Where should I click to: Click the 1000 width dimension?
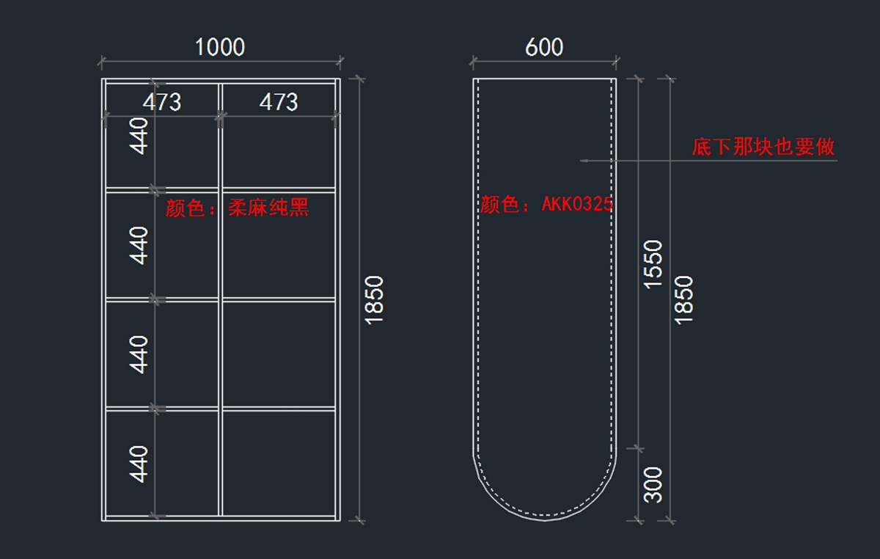[x=219, y=48]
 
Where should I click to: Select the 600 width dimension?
[x=544, y=48]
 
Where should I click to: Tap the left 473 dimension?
[x=161, y=102]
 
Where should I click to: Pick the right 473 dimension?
[x=279, y=102]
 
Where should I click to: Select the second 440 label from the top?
[x=139, y=245]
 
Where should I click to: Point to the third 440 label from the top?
[x=139, y=354]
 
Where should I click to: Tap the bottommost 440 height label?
[x=139, y=464]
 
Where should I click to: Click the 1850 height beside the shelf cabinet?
[x=374, y=299]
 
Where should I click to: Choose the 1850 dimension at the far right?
[x=683, y=299]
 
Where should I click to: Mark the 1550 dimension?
[x=653, y=264]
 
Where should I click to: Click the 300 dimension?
[x=653, y=484]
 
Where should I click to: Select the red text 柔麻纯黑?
[x=268, y=208]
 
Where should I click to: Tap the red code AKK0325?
[x=576, y=205]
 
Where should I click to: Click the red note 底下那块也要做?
[x=763, y=147]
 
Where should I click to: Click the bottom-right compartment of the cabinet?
[x=279, y=462]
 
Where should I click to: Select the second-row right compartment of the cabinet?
[x=279, y=244]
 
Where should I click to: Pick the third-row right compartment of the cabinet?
[x=279, y=354]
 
